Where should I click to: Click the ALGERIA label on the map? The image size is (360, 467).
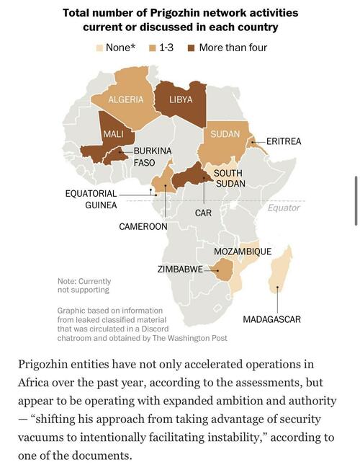(x=126, y=99)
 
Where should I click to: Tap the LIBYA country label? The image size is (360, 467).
(x=180, y=99)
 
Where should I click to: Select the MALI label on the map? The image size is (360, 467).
(x=113, y=134)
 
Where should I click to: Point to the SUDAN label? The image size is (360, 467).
(x=225, y=134)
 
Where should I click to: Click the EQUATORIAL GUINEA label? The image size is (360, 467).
(x=91, y=199)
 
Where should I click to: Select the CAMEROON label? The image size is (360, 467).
(x=143, y=226)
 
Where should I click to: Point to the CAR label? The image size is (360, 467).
(x=203, y=213)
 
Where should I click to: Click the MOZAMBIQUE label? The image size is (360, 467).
(x=243, y=252)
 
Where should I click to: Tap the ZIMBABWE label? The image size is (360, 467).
(x=180, y=269)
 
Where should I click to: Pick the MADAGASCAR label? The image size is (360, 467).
(x=271, y=319)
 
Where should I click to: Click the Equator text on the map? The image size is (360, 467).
(x=284, y=208)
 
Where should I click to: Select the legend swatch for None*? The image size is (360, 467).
(x=100, y=48)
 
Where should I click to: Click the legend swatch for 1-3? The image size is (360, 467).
(x=153, y=48)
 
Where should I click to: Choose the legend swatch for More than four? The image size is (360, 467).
(x=192, y=48)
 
